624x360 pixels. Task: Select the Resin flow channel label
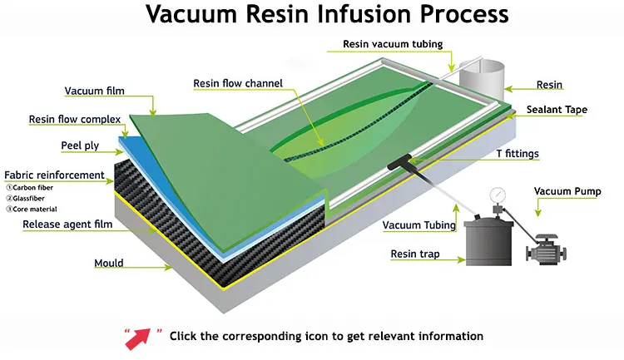click(238, 83)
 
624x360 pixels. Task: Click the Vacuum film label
click(94, 91)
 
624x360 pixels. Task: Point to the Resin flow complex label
click(75, 119)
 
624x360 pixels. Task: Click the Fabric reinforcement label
click(55, 175)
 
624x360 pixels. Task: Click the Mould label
click(108, 263)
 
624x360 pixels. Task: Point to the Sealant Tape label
click(562, 110)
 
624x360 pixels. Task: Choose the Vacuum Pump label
click(566, 191)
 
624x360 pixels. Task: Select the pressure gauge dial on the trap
click(498, 193)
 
